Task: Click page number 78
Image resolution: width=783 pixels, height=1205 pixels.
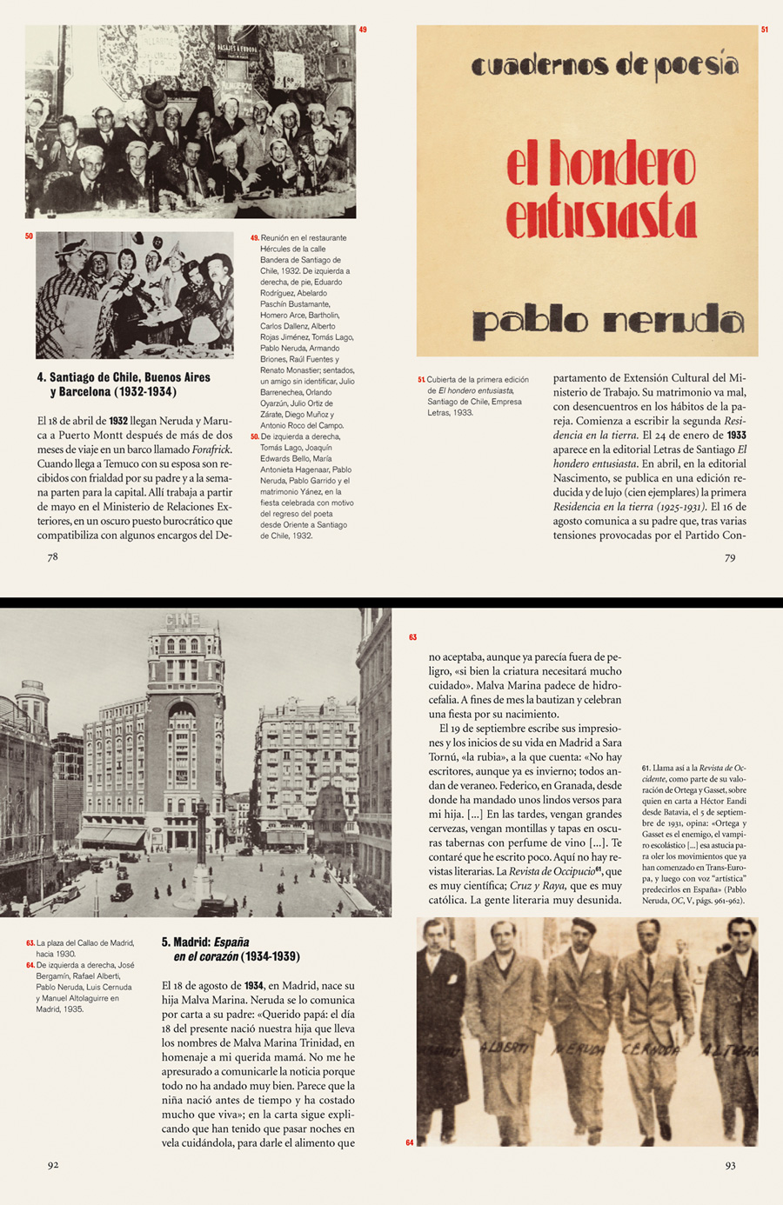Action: click(x=52, y=557)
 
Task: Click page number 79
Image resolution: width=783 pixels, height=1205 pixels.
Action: click(x=730, y=557)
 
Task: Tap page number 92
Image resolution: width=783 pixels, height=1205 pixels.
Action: click(x=53, y=1165)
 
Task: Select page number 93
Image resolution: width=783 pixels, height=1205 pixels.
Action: click(x=730, y=1165)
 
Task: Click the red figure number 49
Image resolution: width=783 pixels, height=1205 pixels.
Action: click(x=363, y=30)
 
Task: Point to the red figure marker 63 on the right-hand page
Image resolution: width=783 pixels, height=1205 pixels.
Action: click(x=412, y=637)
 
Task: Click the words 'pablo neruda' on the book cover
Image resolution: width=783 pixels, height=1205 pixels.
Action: click(x=607, y=322)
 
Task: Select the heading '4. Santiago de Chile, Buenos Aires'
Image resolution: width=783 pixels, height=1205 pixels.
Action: click(x=124, y=377)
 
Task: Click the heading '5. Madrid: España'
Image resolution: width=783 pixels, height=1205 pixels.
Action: click(x=205, y=942)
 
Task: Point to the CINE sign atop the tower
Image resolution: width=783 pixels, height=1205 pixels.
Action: click(x=183, y=620)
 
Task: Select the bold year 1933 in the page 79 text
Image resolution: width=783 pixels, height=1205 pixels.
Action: click(x=736, y=435)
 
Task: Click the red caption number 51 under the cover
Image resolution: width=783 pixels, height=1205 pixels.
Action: click(x=421, y=380)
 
